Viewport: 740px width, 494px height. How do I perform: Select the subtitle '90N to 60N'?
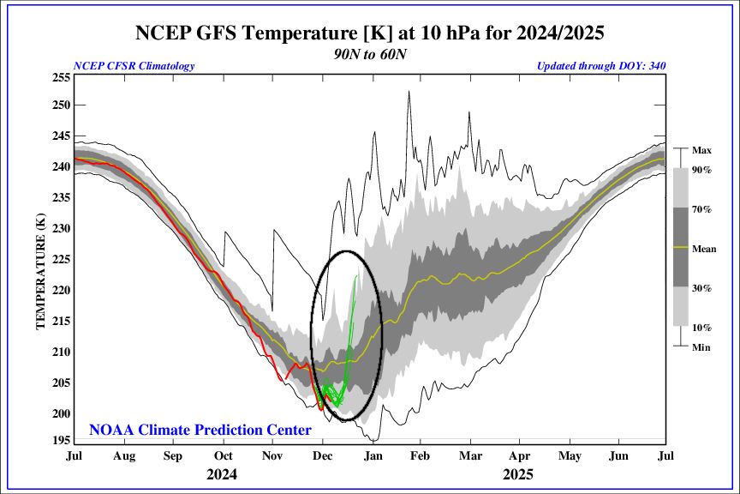click(369, 53)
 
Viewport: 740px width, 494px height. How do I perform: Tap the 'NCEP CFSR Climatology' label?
click(134, 66)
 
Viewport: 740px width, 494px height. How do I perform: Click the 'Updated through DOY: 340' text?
click(601, 66)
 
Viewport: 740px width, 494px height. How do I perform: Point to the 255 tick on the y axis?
click(62, 77)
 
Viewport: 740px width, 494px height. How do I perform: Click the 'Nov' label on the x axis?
click(272, 455)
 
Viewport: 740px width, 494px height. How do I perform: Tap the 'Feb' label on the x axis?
click(420, 455)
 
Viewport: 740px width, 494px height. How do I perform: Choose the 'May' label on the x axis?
click(568, 455)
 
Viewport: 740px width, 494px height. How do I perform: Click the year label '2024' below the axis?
click(222, 473)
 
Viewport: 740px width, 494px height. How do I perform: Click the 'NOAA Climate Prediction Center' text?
click(200, 430)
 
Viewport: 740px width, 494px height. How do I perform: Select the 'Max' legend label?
click(701, 150)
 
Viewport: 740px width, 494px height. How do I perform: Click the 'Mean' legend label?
click(704, 248)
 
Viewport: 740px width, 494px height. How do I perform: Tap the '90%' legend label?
click(702, 171)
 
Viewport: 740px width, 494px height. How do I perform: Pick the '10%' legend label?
click(702, 327)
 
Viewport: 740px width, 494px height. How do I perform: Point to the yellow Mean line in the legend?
click(677, 248)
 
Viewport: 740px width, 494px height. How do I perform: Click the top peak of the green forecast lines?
click(357, 276)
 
